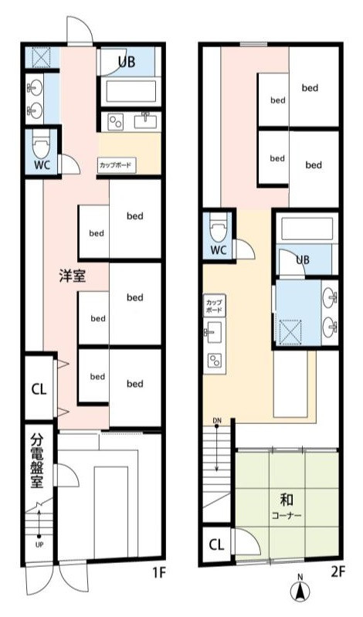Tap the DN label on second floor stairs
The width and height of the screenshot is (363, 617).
coord(218,421)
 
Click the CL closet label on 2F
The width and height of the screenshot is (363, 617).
coord(216,544)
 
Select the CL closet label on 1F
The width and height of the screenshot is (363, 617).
coord(38,389)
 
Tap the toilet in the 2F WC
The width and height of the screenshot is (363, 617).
coord(219,229)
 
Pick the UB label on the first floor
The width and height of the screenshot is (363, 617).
coord(127,61)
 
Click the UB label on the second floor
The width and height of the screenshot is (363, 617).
coord(302,260)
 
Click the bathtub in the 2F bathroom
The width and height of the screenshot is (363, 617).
coord(305,229)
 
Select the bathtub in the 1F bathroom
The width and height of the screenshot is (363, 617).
coord(129,93)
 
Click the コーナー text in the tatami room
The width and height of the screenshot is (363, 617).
coord(286,514)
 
